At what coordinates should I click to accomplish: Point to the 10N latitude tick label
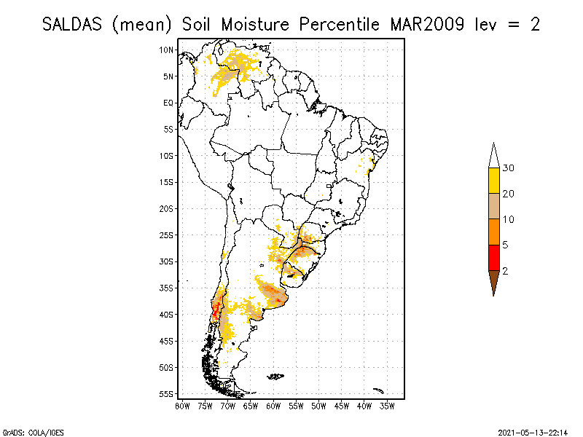point(167,50)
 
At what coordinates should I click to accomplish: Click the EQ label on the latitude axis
point(168,103)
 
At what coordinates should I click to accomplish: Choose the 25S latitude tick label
point(167,235)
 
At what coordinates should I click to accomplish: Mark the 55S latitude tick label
point(167,394)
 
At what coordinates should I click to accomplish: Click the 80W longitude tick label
point(182,405)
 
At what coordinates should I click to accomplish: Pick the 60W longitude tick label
point(273,405)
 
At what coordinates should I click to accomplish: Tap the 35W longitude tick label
point(387,405)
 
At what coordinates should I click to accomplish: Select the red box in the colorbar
point(493,257)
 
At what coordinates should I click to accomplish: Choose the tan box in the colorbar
point(493,206)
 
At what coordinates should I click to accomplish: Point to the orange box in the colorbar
point(493,232)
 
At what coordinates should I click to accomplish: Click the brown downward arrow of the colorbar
point(493,280)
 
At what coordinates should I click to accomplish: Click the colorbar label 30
point(508,168)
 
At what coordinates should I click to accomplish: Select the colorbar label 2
point(505,270)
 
